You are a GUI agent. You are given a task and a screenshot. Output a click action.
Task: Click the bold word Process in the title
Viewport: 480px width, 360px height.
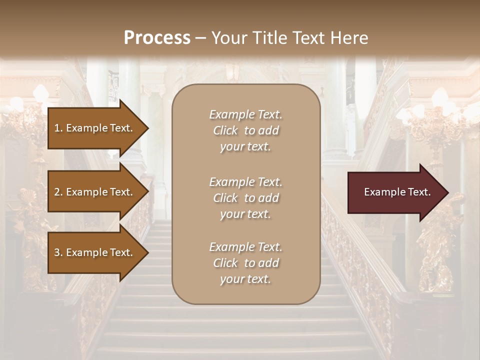click(x=157, y=38)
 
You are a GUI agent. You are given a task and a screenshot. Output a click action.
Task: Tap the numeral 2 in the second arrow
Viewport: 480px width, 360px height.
click(x=57, y=192)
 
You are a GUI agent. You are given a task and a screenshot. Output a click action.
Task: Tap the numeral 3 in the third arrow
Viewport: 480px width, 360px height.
click(x=57, y=252)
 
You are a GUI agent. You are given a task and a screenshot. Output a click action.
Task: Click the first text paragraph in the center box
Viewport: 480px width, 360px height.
click(x=245, y=130)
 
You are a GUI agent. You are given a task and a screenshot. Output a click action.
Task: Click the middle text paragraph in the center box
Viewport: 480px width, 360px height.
click(x=245, y=198)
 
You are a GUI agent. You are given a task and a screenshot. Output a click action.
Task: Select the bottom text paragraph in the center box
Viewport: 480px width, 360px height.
click(x=245, y=263)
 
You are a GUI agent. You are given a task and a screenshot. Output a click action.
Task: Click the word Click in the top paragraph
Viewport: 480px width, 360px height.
click(x=225, y=130)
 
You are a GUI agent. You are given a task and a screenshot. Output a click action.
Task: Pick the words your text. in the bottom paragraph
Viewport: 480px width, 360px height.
click(x=245, y=279)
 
